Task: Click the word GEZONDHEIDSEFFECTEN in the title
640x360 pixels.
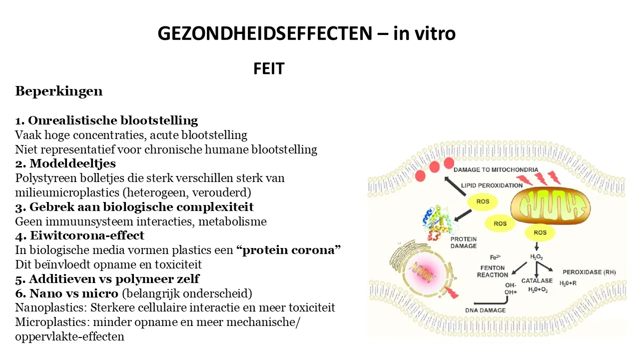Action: [x=265, y=33]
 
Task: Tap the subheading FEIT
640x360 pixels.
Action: [x=269, y=68]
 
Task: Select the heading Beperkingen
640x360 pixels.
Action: [x=59, y=91]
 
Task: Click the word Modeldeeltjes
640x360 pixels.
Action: [x=73, y=163]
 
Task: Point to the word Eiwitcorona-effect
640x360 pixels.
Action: [x=87, y=235]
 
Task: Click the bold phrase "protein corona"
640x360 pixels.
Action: [x=289, y=250]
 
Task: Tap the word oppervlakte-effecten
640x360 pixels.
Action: [x=70, y=337]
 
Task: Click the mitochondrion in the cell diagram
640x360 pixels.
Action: [x=550, y=206]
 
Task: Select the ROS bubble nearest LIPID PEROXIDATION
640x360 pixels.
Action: [x=483, y=201]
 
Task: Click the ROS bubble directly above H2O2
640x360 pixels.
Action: [x=540, y=232]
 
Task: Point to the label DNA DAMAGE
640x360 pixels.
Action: [x=486, y=310]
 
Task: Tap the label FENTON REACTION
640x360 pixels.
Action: [x=493, y=271]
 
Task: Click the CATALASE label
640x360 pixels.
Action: [x=537, y=281]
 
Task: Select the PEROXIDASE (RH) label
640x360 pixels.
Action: [x=589, y=272]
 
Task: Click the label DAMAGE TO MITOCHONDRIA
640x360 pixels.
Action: [x=496, y=170]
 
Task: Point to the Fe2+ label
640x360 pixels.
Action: [x=495, y=257]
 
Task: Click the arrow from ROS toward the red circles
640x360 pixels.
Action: [x=455, y=186]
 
